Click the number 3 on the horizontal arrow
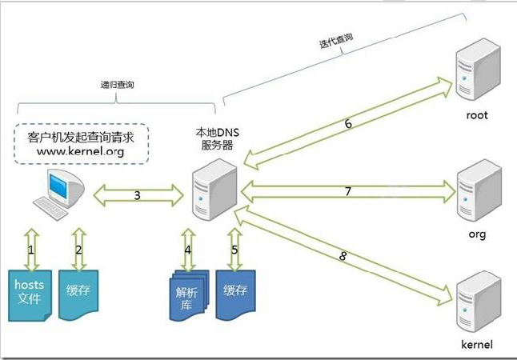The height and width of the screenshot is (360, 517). pos(137,195)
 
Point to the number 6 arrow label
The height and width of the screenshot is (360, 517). pos(348,123)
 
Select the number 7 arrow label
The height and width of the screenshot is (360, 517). pos(347,192)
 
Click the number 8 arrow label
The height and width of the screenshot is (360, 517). pos(343,256)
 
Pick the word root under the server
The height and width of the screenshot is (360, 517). pos(476,115)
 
